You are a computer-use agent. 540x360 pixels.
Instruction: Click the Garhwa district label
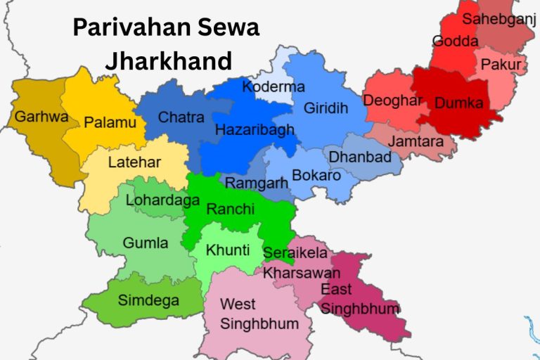pos(41,116)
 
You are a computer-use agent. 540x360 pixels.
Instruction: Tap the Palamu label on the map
pos(110,122)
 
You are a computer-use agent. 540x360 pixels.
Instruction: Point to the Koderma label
pos(274,87)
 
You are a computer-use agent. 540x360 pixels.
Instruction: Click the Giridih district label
pos(325,109)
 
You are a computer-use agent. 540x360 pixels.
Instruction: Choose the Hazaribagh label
pos(254,130)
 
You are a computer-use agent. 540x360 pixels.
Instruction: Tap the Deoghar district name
pos(392,101)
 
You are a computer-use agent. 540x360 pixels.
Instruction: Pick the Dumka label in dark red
pos(458,103)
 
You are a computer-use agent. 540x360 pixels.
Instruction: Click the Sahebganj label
pos(499,19)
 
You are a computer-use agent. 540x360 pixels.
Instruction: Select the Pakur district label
pos(501,65)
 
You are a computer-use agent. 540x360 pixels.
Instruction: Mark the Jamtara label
pos(416,141)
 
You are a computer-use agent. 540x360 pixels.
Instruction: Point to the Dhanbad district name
pos(360,156)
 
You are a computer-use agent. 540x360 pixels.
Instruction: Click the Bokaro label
pos(316,174)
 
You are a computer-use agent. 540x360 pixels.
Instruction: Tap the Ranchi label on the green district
pos(226,209)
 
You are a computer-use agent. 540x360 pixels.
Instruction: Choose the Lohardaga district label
pos(162,200)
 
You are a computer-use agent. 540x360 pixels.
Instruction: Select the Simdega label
pos(148,301)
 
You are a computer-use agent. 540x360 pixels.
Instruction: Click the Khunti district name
pos(227,250)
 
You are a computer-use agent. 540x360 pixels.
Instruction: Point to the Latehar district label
pos(134,162)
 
